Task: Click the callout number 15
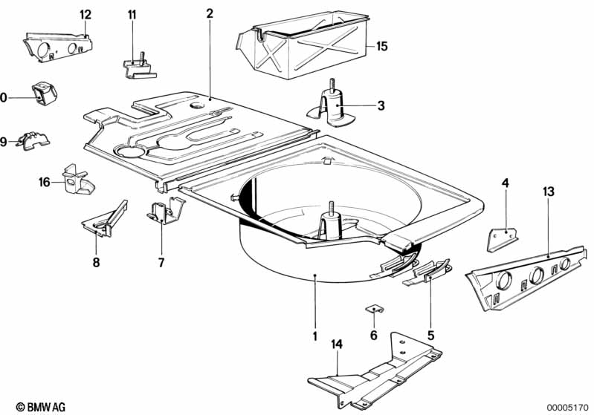(382, 46)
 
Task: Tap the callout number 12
(85, 15)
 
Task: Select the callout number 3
(381, 105)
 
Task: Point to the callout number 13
(548, 192)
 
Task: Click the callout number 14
(337, 344)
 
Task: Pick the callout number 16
(45, 183)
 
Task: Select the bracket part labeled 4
(503, 239)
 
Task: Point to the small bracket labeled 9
(33, 140)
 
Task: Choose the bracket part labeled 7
(165, 211)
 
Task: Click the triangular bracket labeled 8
(105, 220)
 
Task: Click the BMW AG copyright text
(41, 407)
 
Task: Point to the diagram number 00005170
(568, 408)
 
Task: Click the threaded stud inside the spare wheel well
(332, 207)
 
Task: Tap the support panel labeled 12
(58, 47)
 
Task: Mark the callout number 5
(430, 335)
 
